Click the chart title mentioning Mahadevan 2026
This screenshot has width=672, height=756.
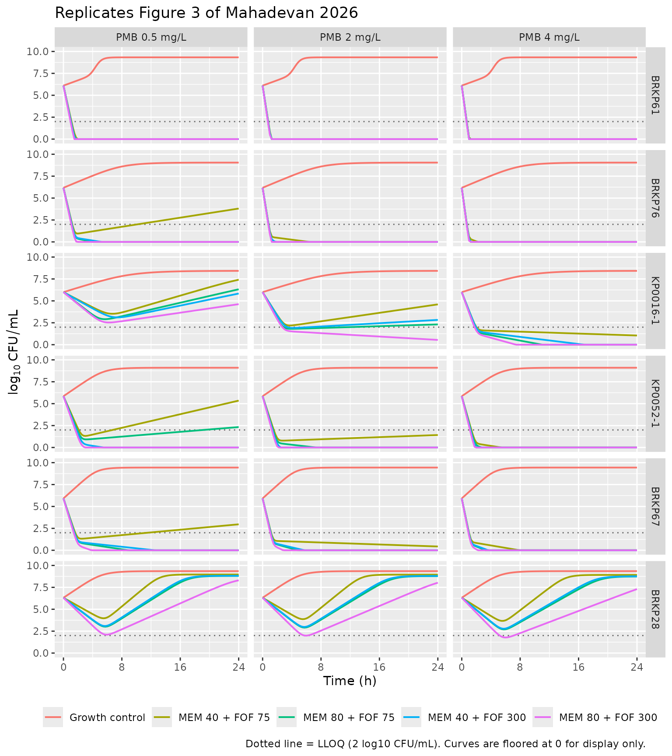coord(206,13)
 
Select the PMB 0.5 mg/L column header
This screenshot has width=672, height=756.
coord(151,37)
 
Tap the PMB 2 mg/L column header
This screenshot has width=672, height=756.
coord(350,37)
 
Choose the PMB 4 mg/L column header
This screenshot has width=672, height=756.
coord(549,37)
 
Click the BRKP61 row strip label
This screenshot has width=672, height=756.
coord(655,95)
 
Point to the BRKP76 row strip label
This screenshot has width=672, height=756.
coord(655,198)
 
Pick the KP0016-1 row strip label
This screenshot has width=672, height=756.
coord(655,301)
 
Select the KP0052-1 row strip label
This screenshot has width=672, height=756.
coord(655,403)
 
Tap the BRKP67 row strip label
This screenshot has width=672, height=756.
coord(655,506)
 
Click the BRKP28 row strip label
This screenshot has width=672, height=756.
coord(655,609)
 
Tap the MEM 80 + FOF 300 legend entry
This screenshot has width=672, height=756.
coord(595,717)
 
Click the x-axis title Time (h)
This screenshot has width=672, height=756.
coord(350,681)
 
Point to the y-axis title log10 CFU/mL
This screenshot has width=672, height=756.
coord(14,352)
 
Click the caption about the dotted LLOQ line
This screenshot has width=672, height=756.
coord(445,744)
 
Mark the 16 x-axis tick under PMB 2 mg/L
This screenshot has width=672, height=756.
coord(379,667)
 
